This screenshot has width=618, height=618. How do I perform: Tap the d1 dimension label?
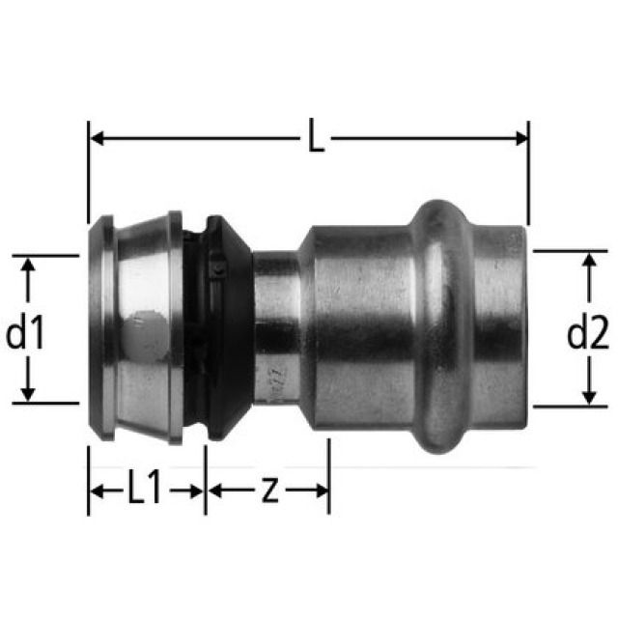point(26,334)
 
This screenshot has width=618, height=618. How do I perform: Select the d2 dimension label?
point(587,334)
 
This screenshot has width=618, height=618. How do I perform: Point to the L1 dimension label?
point(146,491)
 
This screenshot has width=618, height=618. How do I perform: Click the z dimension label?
point(270,491)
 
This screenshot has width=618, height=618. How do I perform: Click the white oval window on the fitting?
point(145,328)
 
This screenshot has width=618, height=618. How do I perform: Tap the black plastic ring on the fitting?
point(214,328)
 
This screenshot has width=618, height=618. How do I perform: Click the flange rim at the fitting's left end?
point(100,328)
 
